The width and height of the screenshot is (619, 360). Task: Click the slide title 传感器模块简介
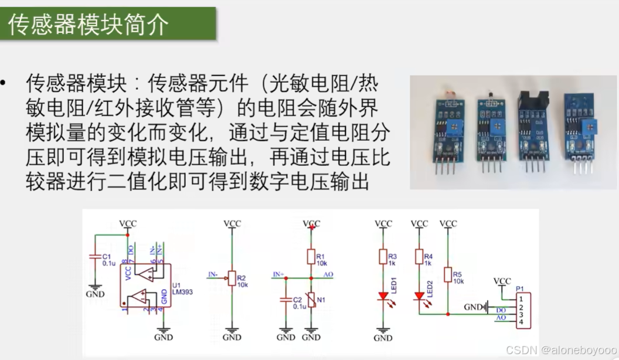coord(89,25)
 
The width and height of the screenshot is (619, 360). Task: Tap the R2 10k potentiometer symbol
coord(232,278)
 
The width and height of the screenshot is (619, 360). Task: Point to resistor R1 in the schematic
coord(311,256)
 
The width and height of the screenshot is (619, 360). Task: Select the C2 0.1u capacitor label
coord(299,303)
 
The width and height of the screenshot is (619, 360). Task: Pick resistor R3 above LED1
coord(383,256)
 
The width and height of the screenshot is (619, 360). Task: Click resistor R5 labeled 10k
coord(448,274)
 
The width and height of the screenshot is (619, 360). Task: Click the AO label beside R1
coord(328,274)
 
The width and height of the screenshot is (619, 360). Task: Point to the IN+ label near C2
coord(278,274)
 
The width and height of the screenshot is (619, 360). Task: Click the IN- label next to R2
coord(214,274)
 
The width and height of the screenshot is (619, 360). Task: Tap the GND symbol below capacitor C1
coord(94,292)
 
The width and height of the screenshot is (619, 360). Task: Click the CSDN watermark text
coord(560,350)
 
